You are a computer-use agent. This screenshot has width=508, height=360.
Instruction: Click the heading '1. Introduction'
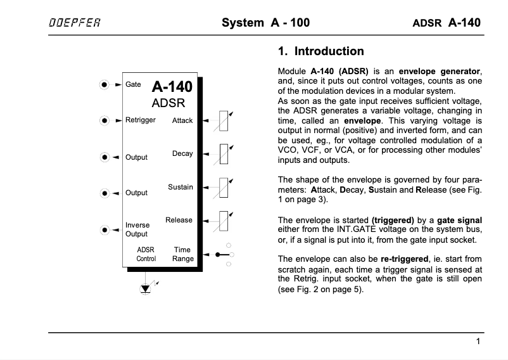point(321,51)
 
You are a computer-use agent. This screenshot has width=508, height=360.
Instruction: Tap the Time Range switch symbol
point(224,254)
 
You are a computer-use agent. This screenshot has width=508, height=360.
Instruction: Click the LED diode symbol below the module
point(146,288)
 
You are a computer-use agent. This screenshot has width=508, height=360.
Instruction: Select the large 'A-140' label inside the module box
point(172,87)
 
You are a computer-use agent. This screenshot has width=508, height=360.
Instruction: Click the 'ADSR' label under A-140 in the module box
point(168,103)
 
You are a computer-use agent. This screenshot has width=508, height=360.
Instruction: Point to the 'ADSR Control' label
point(146,254)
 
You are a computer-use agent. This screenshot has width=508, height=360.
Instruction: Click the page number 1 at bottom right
point(478,342)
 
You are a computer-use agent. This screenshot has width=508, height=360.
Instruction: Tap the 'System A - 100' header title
point(265,23)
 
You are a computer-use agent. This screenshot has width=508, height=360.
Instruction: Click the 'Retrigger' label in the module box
point(140,120)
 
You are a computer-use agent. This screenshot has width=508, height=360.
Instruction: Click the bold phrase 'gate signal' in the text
point(460,220)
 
